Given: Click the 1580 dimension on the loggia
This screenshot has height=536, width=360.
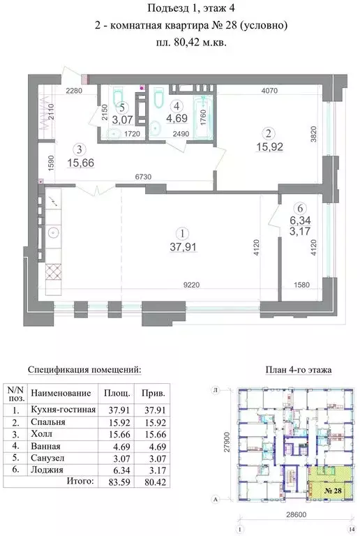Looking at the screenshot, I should click(x=301, y=285).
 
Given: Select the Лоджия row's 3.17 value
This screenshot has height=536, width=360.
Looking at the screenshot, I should click(x=149, y=470).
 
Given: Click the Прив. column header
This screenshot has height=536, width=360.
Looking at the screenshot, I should click(x=148, y=394).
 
